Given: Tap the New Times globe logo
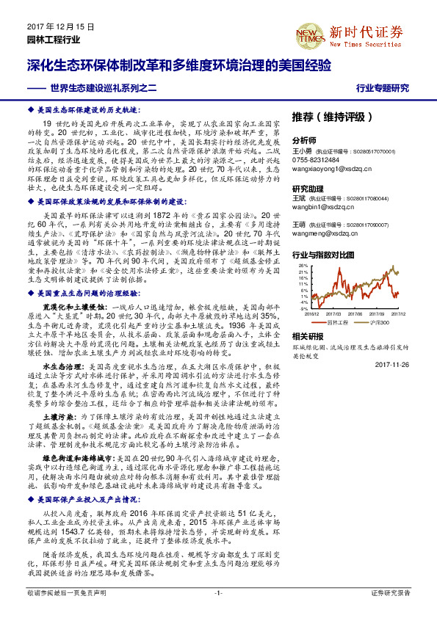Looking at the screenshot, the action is click(x=308, y=32).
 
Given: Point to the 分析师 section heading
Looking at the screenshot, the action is click(x=304, y=140).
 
